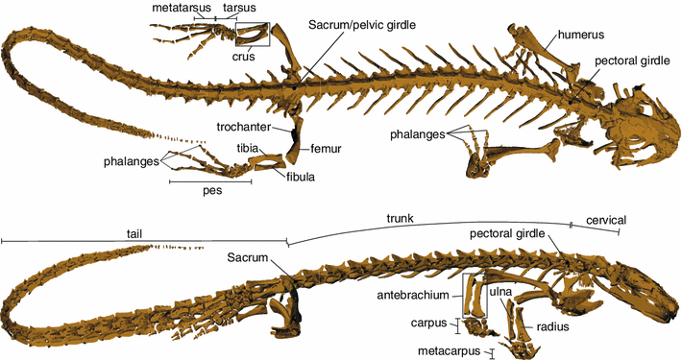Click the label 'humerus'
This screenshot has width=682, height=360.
(583, 34)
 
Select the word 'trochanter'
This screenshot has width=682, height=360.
(242, 126)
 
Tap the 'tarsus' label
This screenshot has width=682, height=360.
(238, 8)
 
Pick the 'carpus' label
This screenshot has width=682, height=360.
(427, 324)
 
